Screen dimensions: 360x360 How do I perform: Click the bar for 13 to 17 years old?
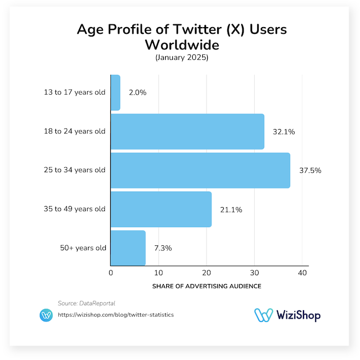[x=115, y=92]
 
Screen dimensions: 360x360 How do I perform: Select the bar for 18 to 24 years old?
[x=187, y=131]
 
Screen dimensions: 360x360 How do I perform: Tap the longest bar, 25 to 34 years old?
[x=200, y=170]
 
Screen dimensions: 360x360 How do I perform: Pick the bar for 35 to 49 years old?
[x=161, y=209]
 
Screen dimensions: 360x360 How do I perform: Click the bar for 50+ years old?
[x=128, y=248]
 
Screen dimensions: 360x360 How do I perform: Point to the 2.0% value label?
[x=137, y=93]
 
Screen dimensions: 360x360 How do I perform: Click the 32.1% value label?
[x=284, y=132]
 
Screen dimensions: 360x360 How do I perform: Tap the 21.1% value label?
[x=231, y=209]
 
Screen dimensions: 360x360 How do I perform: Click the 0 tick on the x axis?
[x=111, y=273]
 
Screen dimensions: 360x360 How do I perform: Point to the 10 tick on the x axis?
[x=158, y=273]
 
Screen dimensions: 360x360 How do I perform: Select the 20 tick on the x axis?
[x=206, y=273]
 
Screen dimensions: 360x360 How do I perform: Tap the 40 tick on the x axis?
[x=302, y=273]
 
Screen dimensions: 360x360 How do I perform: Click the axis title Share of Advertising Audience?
[x=206, y=286]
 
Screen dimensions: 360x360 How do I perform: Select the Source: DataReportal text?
[x=86, y=303]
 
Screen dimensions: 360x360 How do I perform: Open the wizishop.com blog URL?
[x=116, y=315]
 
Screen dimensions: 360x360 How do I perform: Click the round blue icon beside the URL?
[x=47, y=315]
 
